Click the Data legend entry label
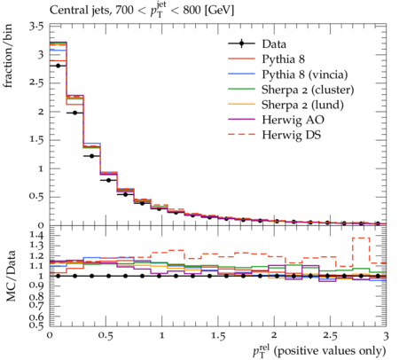(x=274, y=44)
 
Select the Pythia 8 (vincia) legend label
(x=305, y=74)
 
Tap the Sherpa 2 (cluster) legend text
(x=308, y=90)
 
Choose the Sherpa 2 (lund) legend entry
(x=302, y=105)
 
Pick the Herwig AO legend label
(x=293, y=120)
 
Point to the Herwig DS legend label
(x=292, y=135)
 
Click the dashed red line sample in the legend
(x=241, y=135)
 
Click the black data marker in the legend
(x=241, y=43)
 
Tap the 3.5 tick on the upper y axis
(x=36, y=27)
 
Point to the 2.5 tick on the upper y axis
(x=36, y=82)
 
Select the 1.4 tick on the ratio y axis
(x=36, y=235)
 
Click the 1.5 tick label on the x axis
(x=218, y=336)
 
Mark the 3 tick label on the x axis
(x=386, y=336)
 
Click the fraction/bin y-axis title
(x=8, y=56)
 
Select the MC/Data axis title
(x=11, y=276)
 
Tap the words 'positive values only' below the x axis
(x=330, y=351)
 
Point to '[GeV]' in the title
(x=219, y=11)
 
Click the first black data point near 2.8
(x=58, y=66)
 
